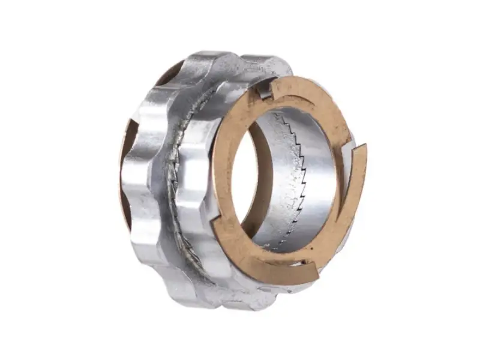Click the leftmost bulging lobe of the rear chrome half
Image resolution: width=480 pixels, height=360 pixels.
pyautogui.click(x=135, y=180)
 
